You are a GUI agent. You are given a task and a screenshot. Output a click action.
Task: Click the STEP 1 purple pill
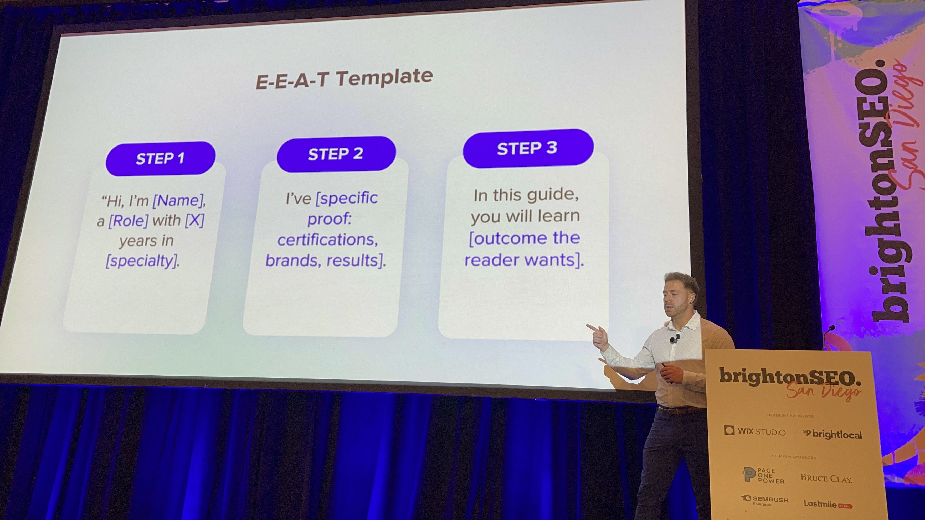[161, 158]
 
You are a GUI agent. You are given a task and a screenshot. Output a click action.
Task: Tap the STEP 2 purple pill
[336, 154]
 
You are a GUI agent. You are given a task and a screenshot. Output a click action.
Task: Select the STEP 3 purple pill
[528, 148]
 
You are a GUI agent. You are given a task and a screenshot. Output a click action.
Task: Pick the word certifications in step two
[327, 239]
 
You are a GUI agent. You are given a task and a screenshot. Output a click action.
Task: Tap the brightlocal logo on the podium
[832, 434]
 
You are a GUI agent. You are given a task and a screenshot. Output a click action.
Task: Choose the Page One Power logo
[763, 476]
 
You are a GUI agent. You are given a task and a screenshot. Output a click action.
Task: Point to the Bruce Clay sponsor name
[826, 478]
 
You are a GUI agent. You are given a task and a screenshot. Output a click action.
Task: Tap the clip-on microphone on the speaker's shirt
[674, 339]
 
